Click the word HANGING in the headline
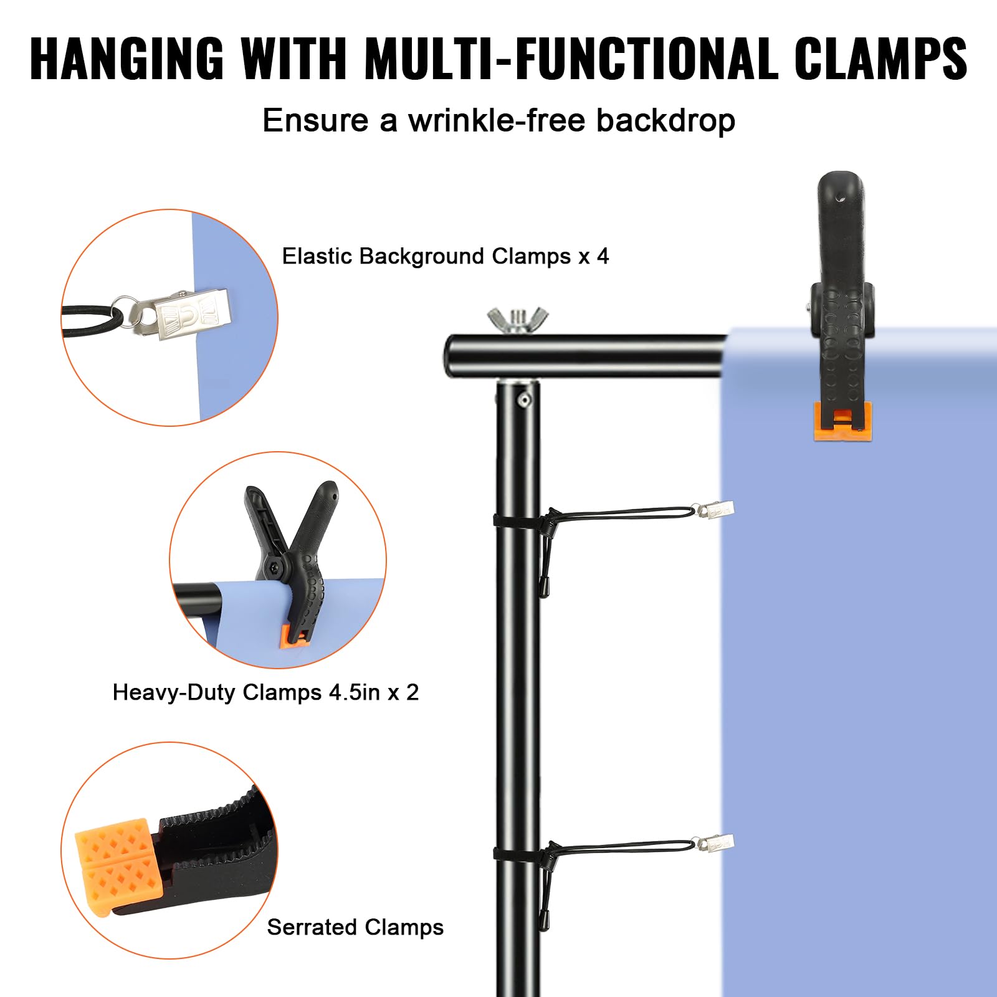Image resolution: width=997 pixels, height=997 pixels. (x=126, y=59)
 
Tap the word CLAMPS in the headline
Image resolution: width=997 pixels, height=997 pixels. (x=880, y=59)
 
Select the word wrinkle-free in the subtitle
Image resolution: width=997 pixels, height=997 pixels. (x=496, y=120)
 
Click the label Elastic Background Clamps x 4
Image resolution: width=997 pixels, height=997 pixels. (x=445, y=256)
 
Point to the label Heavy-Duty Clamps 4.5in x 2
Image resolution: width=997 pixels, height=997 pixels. (x=265, y=692)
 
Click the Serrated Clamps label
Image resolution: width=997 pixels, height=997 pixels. (x=355, y=927)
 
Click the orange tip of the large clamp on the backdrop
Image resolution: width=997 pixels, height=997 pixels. (x=842, y=421)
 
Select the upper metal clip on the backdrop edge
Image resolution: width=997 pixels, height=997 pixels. (x=717, y=510)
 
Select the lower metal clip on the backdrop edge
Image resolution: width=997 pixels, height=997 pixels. (x=717, y=843)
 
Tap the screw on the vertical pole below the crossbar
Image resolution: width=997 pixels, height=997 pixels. (x=525, y=399)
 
